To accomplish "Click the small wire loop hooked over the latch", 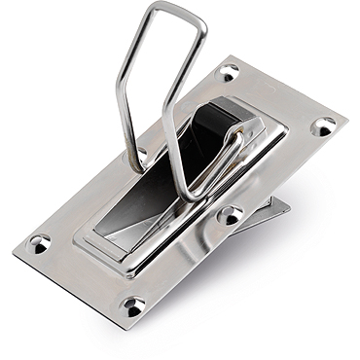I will point(230,146).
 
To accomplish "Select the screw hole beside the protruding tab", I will point(230,214).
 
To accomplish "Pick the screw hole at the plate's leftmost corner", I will point(40,242).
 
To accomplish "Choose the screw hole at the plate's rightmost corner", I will point(323,126).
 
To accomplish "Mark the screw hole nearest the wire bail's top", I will point(230,73).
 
